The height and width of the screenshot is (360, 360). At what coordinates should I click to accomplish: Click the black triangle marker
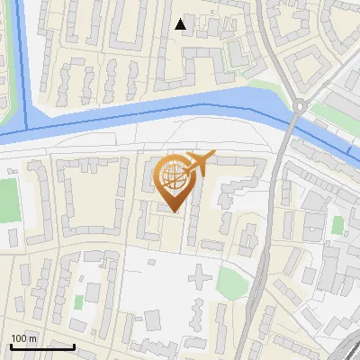[x=181, y=24]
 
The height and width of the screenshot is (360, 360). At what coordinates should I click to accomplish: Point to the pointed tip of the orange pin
[x=172, y=212]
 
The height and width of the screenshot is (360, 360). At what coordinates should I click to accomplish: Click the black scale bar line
[x=41, y=346]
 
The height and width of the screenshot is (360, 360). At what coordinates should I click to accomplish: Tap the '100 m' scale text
[x=23, y=338]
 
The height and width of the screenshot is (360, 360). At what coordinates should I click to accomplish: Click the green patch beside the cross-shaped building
[x=231, y=283]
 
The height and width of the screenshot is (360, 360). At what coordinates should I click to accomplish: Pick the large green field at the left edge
[x=9, y=200]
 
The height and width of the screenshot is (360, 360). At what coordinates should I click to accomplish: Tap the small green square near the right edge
[x=337, y=224]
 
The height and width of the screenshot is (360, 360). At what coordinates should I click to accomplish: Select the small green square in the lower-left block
[x=78, y=300]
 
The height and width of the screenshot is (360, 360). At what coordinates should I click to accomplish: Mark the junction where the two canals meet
[x=27, y=126]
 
